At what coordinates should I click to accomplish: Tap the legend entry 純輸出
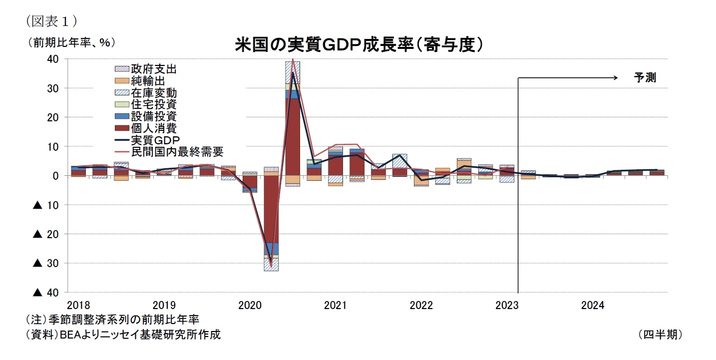[147, 81]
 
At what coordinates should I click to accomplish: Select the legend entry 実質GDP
[155, 140]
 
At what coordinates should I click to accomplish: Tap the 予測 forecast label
[645, 78]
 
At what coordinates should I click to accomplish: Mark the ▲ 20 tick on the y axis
[46, 234]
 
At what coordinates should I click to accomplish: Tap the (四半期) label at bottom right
[660, 335]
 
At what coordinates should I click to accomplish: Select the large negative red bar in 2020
[271, 210]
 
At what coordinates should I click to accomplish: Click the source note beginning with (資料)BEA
[122, 335]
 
